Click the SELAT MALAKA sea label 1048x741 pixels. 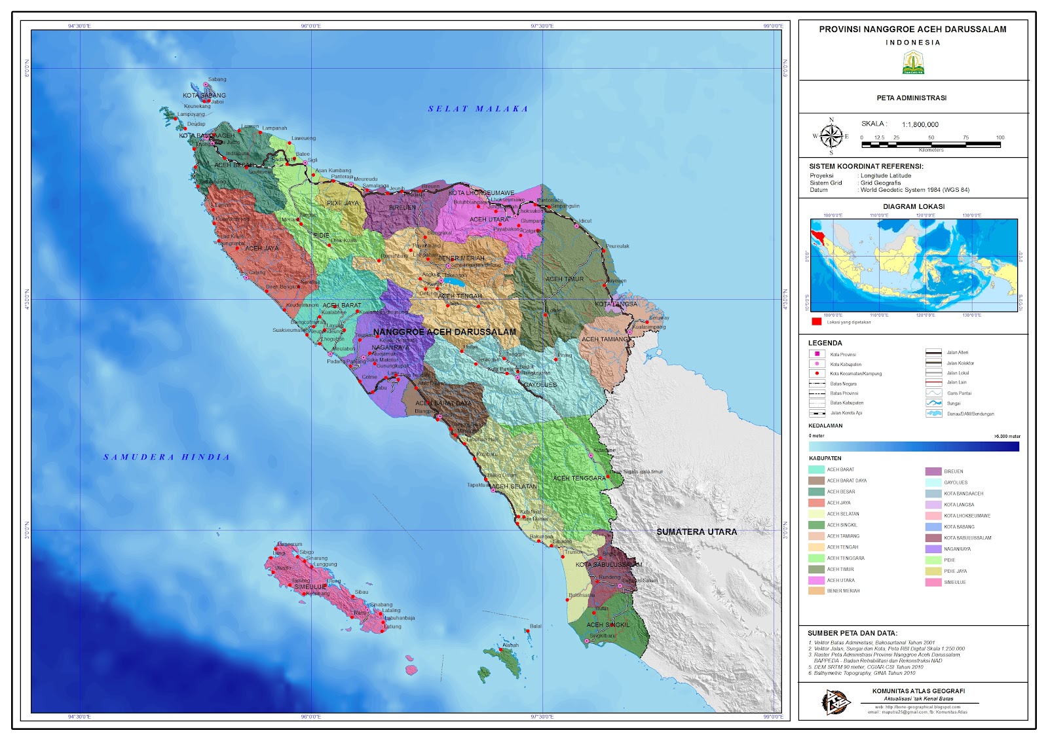coord(477,109)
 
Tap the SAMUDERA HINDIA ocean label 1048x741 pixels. coord(167,458)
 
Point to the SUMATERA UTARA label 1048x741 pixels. coord(696,532)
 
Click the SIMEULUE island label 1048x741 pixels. coord(310,587)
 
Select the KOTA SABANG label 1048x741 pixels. coord(204,96)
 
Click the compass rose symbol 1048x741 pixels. coord(831,136)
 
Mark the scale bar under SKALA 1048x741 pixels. coord(931,144)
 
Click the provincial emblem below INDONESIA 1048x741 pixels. coord(913,63)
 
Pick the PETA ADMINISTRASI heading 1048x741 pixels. coord(911,98)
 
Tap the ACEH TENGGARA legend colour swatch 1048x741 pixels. coord(816,558)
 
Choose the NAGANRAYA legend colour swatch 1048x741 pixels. coord(933,549)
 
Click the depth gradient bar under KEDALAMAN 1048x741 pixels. coord(914,446)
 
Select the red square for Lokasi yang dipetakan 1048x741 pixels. coord(816,321)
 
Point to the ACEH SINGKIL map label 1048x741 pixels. coord(608,625)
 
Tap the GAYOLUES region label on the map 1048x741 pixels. coord(540,385)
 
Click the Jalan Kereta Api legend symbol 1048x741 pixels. coord(817,414)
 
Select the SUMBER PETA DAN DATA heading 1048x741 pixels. coord(852,634)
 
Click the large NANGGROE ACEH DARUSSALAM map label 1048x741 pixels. coord(445,332)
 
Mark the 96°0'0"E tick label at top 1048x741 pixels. coord(310,26)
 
